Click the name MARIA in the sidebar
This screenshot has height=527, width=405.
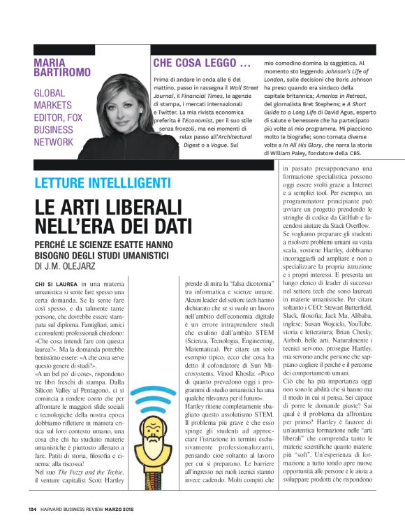point(53,62)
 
